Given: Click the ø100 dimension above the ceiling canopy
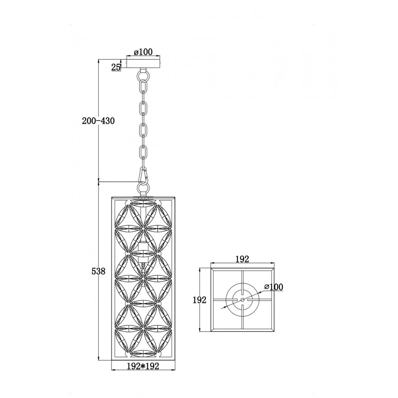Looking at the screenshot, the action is click(143, 52).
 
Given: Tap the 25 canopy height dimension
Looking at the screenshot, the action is click(116, 67).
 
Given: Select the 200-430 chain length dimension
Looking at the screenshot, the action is click(98, 121).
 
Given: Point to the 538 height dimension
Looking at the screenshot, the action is click(98, 271).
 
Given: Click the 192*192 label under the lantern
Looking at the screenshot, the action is click(143, 366).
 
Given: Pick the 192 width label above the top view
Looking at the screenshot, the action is click(243, 259).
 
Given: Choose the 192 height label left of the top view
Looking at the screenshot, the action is click(199, 300).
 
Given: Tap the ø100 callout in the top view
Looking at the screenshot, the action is click(273, 287).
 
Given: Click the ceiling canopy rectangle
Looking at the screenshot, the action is click(143, 63).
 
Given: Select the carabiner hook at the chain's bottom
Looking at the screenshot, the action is click(143, 174).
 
